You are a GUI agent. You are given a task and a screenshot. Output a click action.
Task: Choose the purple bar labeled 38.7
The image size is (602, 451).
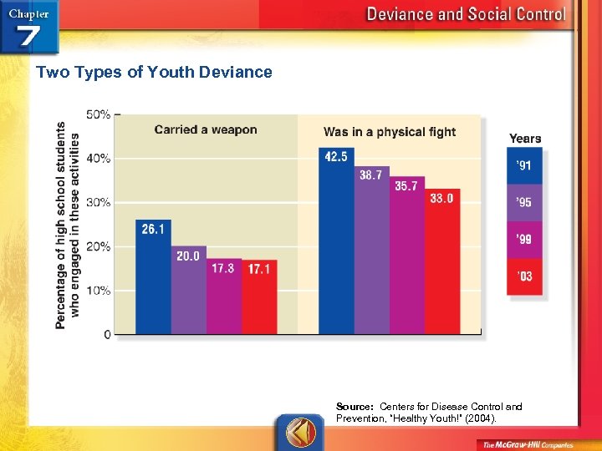click(371, 250)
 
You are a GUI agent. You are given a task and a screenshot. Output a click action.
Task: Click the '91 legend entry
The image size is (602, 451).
click(524, 165)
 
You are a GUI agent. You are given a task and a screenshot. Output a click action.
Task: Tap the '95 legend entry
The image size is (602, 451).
click(524, 202)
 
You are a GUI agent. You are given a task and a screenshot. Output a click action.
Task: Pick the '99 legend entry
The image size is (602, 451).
click(524, 240)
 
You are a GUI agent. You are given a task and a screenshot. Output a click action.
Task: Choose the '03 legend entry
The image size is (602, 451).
click(524, 276)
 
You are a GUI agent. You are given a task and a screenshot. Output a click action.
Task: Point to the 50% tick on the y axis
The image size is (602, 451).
click(99, 114)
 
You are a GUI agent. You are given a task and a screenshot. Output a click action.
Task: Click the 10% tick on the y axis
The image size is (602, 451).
click(99, 291)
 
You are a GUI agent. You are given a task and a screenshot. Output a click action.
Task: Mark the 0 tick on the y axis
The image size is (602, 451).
click(107, 334)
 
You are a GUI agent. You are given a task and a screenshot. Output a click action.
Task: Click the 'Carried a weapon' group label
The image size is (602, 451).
click(206, 129)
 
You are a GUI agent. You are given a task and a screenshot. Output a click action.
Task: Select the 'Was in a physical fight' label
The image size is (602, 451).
click(390, 131)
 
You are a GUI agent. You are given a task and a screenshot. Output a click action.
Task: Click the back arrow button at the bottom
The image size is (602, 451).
click(300, 432)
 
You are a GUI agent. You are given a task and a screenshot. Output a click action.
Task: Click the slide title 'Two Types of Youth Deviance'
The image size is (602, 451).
click(154, 72)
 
